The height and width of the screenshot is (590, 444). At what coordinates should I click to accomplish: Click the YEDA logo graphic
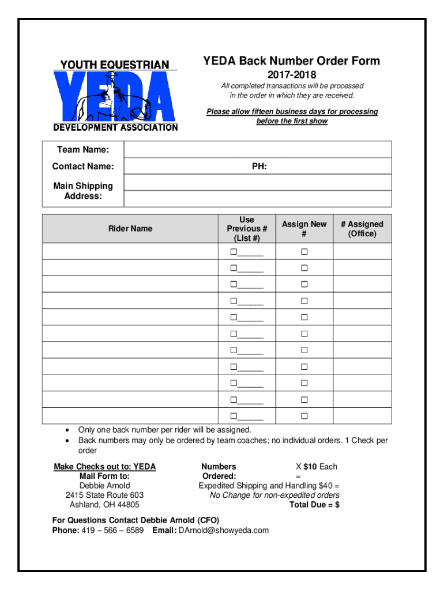coord(115,96)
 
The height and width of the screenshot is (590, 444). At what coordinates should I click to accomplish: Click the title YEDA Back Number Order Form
coord(291,61)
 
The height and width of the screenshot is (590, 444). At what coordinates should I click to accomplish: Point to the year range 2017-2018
coord(291,75)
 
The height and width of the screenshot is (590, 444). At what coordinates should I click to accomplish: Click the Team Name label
coord(83,150)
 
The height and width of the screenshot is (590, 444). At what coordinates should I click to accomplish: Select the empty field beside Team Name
coord(257,150)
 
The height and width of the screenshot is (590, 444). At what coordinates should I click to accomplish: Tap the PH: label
coord(259,167)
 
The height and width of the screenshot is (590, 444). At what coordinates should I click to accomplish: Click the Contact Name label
coord(83,167)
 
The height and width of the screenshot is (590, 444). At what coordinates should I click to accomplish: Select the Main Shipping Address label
coord(83,191)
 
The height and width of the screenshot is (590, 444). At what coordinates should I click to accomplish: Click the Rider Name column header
coord(130,229)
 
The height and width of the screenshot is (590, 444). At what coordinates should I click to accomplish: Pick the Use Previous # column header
coord(247,229)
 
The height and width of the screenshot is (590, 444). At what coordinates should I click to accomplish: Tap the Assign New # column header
coord(304,229)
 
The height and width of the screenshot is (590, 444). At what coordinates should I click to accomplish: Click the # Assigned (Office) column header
coord(362,229)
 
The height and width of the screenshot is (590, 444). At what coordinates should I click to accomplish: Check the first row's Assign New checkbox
coord(304,252)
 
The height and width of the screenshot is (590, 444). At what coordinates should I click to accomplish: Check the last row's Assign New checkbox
coord(304,416)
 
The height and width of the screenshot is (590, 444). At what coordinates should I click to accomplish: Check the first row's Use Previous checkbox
coord(234,252)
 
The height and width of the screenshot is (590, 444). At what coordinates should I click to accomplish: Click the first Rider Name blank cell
coord(130,252)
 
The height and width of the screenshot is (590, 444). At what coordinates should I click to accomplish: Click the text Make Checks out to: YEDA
coord(104,467)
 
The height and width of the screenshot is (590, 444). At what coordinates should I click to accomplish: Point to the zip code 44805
coord(127,505)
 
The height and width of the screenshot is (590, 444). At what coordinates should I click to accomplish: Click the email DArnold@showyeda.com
coord(224,530)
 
